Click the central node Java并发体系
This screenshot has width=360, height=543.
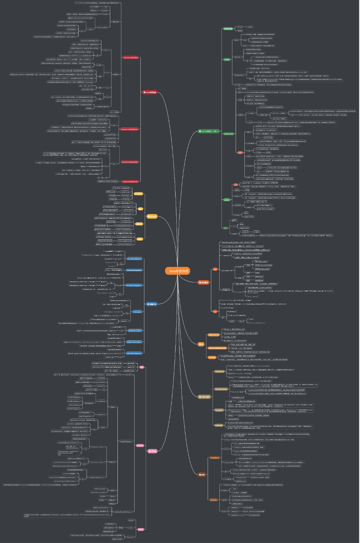point(178,271)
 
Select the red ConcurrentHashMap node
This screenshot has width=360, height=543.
point(131,58)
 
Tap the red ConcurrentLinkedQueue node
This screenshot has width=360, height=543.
point(130,129)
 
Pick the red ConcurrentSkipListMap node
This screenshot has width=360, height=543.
point(130,162)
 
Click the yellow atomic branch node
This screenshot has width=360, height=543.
point(152,217)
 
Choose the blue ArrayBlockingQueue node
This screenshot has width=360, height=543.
point(135,259)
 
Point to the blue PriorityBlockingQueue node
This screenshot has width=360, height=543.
point(133,286)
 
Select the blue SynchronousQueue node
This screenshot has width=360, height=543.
point(135,331)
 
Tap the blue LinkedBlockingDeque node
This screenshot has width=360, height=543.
point(134,353)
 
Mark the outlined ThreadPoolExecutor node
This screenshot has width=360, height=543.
point(126,441)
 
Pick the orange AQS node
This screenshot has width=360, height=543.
point(215,269)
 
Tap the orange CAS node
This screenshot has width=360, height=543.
point(215,312)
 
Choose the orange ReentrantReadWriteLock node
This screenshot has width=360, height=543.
point(217,348)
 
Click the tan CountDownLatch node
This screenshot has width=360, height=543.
point(221,389)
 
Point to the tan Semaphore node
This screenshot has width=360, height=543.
point(219,410)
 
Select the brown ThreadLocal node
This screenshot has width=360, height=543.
point(215,458)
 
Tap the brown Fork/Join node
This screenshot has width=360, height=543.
point(213,500)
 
